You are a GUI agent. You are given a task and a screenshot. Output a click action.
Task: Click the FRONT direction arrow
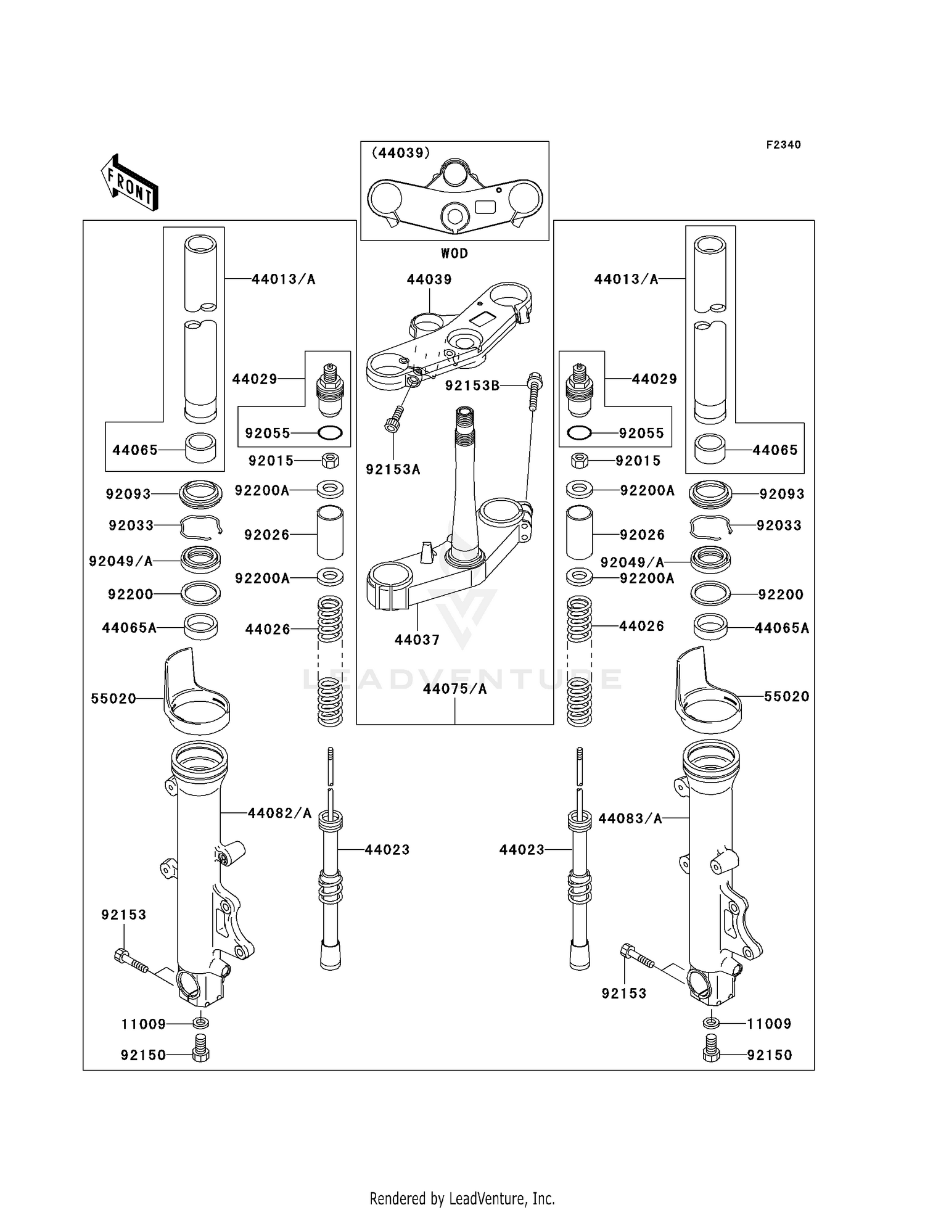tap(130, 183)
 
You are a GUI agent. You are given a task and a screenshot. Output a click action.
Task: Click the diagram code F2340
tap(783, 145)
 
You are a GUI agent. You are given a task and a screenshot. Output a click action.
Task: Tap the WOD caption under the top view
tap(454, 253)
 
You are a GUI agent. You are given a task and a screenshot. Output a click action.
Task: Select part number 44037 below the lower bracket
tap(417, 640)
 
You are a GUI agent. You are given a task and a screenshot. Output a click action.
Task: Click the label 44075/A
tap(455, 689)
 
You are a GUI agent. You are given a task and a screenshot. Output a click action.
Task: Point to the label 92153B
tap(472, 385)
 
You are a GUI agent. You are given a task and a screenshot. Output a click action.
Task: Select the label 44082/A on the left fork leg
tap(280, 813)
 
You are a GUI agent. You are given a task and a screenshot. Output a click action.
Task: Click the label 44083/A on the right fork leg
tap(630, 818)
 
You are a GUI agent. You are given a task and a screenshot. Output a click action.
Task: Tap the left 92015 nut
tap(330, 460)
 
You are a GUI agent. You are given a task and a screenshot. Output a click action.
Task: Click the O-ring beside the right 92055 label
tap(579, 433)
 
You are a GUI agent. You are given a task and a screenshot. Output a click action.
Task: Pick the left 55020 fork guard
tap(196, 694)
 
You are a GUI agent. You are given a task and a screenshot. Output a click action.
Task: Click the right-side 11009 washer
tap(710, 1024)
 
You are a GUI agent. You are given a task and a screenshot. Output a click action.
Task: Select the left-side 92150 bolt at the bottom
tap(200, 1055)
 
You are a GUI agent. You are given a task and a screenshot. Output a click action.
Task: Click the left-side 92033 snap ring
tap(200, 525)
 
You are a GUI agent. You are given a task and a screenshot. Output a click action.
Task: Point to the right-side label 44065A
tap(782, 628)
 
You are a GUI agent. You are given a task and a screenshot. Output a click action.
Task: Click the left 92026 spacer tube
tap(330, 533)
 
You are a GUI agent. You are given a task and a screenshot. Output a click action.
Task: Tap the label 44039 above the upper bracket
tap(429, 279)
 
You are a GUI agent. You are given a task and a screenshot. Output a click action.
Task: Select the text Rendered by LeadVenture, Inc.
tap(462, 1198)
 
